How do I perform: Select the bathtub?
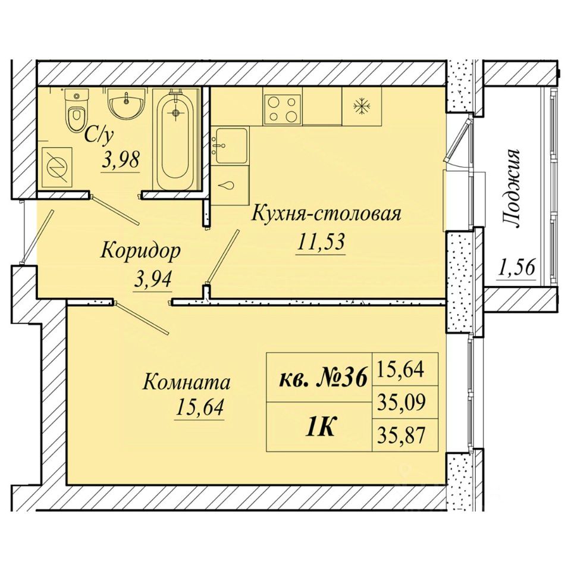[x=177, y=139]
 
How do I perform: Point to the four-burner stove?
[x=283, y=108]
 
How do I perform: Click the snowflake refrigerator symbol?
[x=362, y=106]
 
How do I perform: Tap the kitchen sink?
[x=231, y=146]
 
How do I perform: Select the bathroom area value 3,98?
[x=121, y=160]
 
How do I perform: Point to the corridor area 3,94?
[x=153, y=280]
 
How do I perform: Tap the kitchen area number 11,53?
[x=321, y=241]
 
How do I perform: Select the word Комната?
[x=187, y=382]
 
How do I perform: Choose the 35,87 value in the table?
[x=401, y=435]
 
